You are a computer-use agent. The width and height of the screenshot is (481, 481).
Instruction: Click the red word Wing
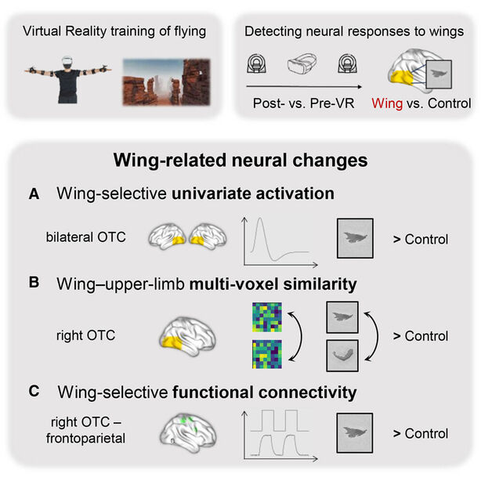(387, 103)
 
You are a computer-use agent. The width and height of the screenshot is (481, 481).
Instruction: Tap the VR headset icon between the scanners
(302, 63)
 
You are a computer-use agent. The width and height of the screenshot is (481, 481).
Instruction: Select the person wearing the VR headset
(68, 79)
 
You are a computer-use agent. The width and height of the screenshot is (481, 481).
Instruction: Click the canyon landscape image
(167, 82)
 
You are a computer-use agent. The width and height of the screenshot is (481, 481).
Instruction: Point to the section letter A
(34, 193)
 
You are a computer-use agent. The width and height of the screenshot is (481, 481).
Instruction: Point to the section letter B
(34, 283)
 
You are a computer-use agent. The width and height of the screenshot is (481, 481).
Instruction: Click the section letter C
(34, 391)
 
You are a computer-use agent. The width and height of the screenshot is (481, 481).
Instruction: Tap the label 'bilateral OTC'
(86, 237)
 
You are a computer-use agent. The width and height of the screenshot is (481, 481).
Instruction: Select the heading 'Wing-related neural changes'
(240, 160)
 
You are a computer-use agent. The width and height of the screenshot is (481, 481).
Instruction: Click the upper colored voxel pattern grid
(267, 317)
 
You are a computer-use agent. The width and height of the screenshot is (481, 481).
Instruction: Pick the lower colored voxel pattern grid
(267, 354)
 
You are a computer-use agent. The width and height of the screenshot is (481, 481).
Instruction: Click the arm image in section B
(342, 356)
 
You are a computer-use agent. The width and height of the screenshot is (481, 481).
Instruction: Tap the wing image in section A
(355, 238)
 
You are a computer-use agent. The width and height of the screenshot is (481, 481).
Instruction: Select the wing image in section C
(355, 433)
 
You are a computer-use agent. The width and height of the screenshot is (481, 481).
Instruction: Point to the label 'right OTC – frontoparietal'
(86, 430)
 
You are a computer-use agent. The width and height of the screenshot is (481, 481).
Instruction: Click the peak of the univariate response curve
(260, 218)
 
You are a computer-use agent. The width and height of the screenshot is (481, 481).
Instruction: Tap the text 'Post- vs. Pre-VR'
(303, 103)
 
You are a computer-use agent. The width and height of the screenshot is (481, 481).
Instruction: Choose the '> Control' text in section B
(421, 336)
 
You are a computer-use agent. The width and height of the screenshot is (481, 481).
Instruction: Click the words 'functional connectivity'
(265, 392)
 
